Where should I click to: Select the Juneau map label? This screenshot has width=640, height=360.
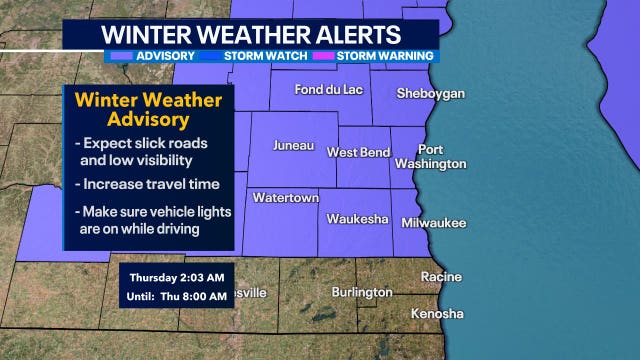click(x=292, y=152)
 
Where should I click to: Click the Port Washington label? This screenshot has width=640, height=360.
click(x=430, y=155)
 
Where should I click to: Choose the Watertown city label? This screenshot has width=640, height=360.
click(x=285, y=198)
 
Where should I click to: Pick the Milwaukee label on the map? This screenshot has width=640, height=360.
click(x=433, y=223)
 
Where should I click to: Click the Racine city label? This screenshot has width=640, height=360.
click(x=441, y=276)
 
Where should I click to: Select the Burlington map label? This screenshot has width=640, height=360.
click(x=362, y=292)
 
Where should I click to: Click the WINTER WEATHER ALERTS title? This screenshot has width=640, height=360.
click(x=250, y=33)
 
